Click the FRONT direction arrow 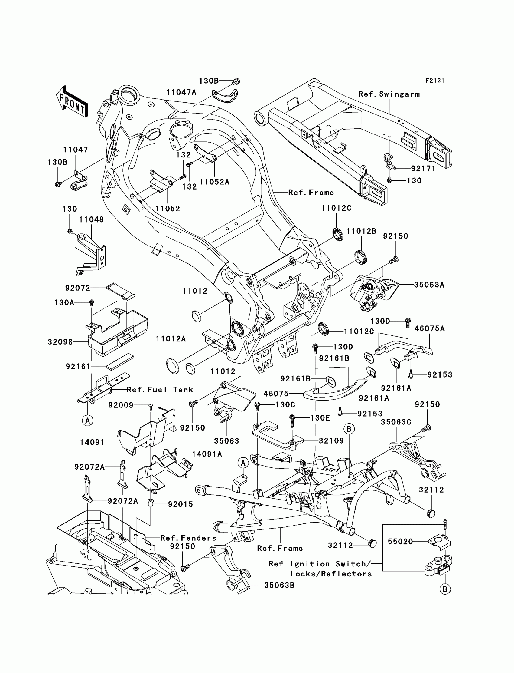tap(72, 101)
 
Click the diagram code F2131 tap(435, 81)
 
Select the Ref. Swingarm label tap(389, 94)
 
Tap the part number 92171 tap(423, 169)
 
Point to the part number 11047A tap(181, 92)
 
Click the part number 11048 tap(92, 219)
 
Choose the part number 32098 tap(60, 341)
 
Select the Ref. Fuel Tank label tap(160, 390)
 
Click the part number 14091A tap(207, 454)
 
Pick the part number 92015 tap(181, 504)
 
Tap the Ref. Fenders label tap(188, 538)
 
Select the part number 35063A tap(429, 285)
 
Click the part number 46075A tap(430, 328)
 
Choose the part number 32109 tap(331, 440)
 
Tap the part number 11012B tap(361, 231)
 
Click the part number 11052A tap(214, 182)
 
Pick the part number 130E tap(320, 418)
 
